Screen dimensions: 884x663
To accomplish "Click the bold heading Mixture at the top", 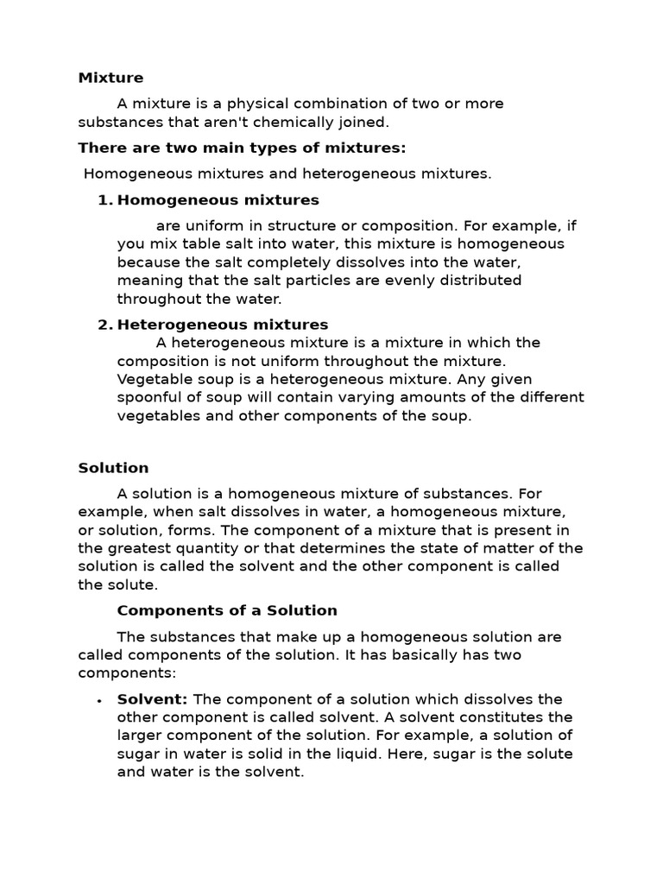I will coord(110,78).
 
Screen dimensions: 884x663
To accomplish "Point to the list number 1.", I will coord(104,200).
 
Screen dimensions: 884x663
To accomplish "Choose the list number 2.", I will coord(104,325).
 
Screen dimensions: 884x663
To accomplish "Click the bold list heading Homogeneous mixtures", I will coord(218,200).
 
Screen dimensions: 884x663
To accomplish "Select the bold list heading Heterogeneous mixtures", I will coord(223,325).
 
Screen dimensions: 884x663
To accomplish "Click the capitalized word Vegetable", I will coord(151,379).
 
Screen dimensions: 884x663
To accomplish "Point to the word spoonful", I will coord(151,397).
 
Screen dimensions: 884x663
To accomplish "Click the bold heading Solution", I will coord(113,468).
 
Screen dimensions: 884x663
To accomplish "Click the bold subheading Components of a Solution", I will coord(227,610).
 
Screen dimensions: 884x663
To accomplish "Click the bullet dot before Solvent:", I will coord(100,700).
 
